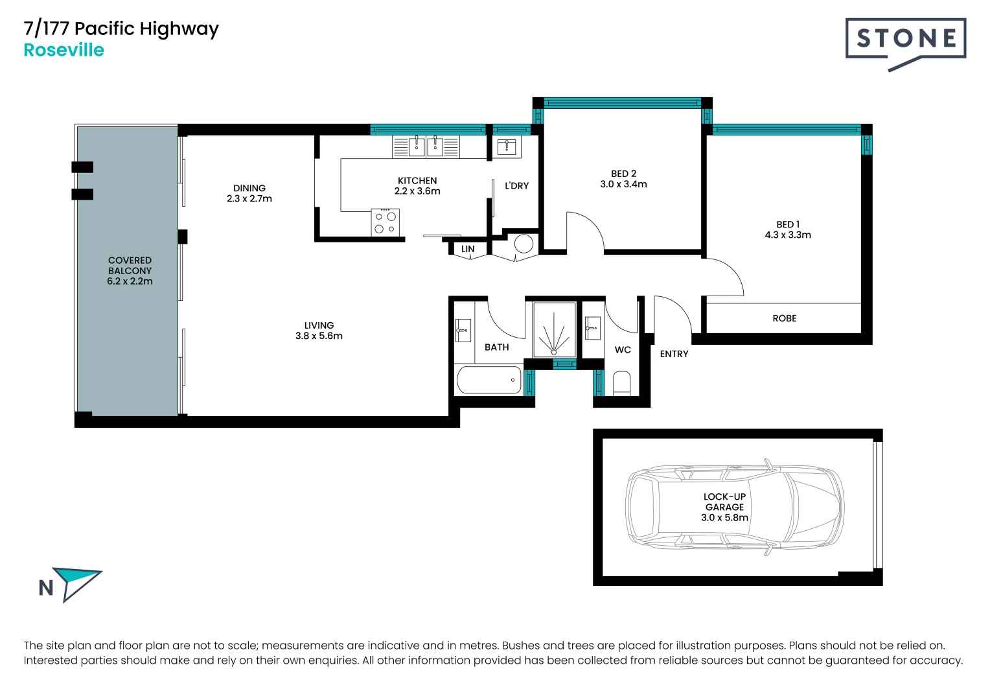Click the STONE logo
coord(905,40)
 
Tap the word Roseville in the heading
coord(63,51)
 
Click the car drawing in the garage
coord(735,507)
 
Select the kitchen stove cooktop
coord(386,222)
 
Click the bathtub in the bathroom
coord(489,380)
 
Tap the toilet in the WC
coord(621,383)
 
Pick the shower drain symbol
coord(554,351)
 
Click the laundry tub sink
coord(506,146)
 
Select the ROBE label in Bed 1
coord(784,318)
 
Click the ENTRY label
coord(674,354)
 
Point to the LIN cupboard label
coord(468,249)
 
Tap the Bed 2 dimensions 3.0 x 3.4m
coord(623,184)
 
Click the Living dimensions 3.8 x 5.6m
coord(319,336)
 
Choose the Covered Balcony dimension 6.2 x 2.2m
coord(130,281)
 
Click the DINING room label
coord(249,188)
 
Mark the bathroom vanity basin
coord(463,330)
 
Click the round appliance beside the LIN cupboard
coord(524,244)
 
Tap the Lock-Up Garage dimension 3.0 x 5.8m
coord(724,517)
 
